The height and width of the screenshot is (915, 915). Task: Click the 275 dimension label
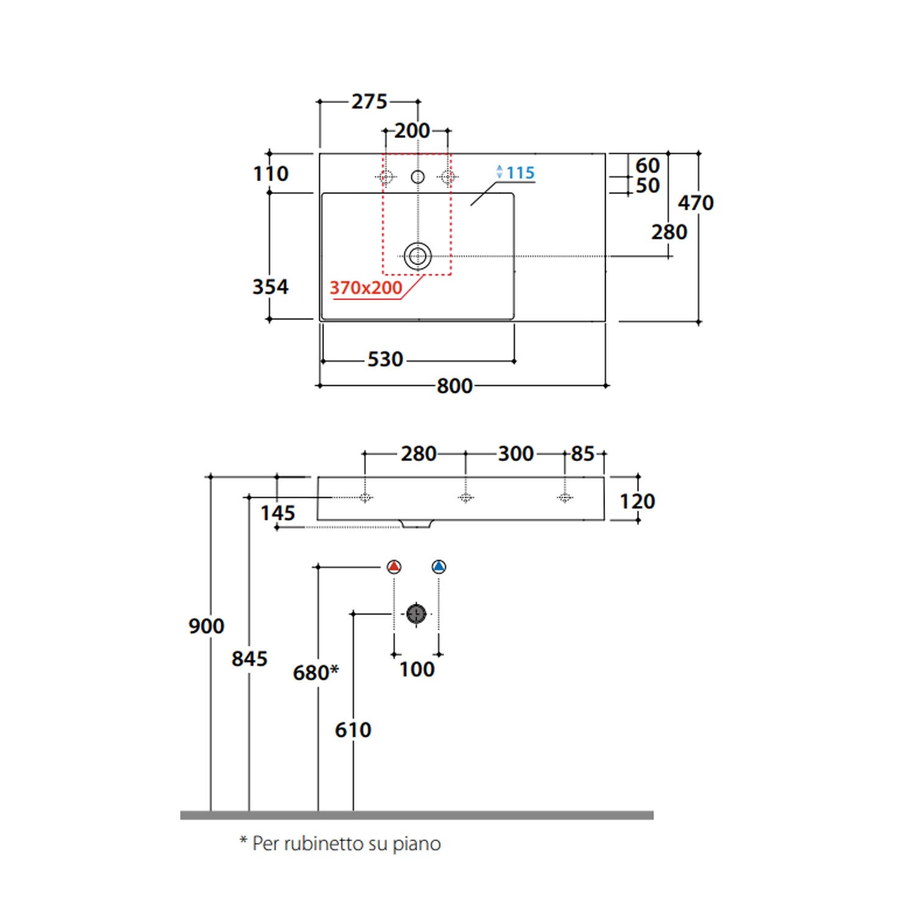369,101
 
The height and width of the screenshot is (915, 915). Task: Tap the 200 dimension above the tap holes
412,131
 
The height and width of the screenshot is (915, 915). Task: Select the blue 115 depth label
520,173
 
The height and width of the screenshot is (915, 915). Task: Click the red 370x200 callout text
366,288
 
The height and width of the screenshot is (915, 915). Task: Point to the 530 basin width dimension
385,359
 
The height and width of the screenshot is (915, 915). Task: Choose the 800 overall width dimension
454,386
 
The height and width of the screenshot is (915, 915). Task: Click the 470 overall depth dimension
695,203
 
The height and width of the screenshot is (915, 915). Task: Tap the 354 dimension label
270,287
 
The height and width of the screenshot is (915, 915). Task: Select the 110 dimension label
271,174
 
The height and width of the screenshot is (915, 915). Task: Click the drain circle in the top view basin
418,256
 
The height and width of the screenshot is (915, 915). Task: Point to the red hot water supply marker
394,567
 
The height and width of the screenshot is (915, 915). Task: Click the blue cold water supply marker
439,567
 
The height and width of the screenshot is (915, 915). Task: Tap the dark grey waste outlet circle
417,614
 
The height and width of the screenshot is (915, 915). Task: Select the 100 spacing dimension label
417,669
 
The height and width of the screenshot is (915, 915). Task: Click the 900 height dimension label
206,626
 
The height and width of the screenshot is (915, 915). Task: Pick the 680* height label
315,673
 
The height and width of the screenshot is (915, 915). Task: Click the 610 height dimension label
353,730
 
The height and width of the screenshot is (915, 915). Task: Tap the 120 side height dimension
637,501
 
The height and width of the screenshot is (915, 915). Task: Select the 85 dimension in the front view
583,454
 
